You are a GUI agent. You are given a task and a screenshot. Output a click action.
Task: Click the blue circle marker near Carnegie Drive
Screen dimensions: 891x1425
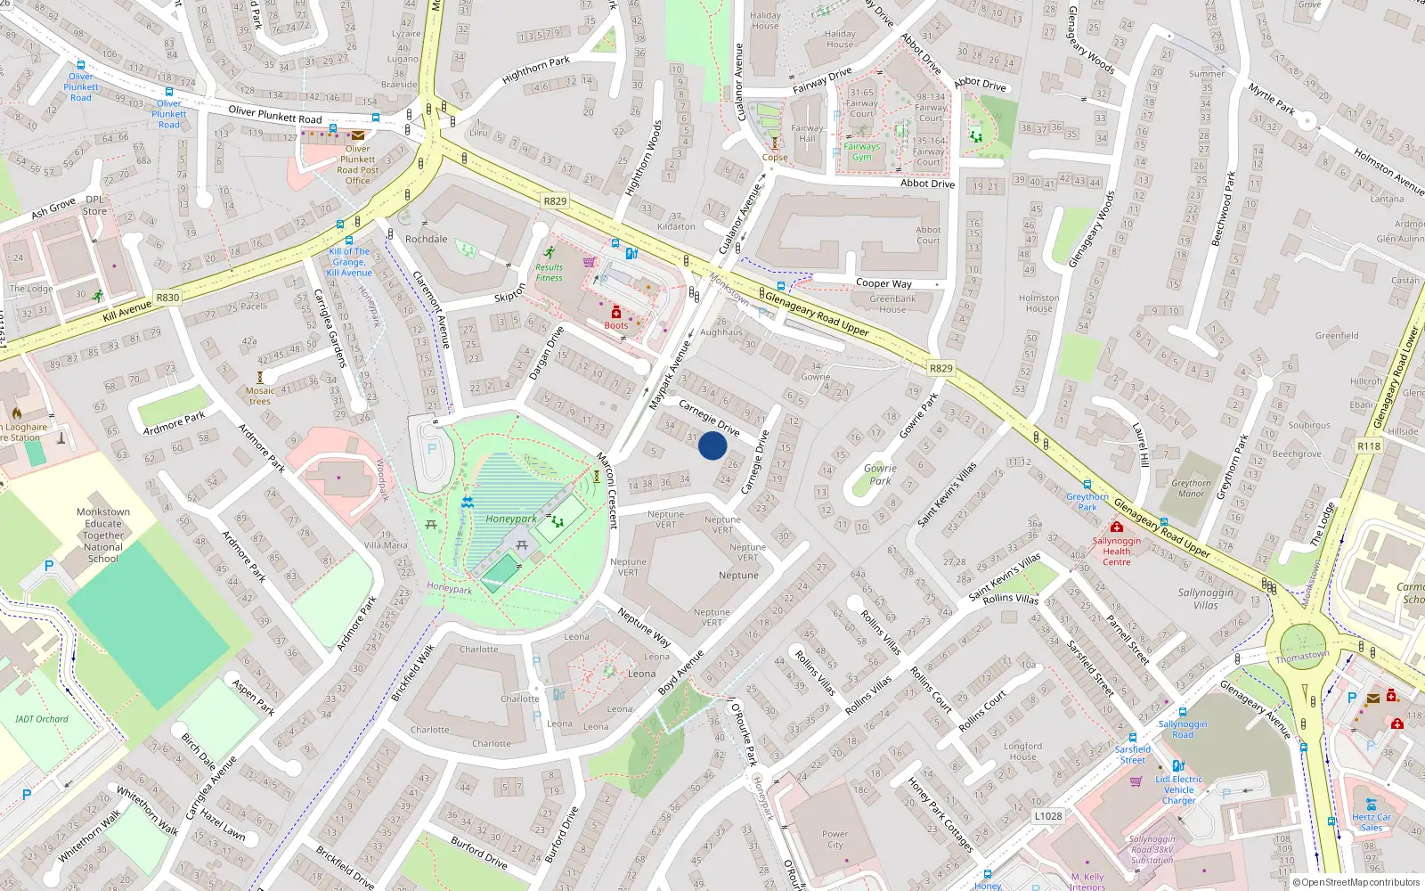pyautogui.click(x=712, y=445)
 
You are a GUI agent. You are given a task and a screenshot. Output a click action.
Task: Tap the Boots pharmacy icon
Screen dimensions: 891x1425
pyautogui.click(x=615, y=313)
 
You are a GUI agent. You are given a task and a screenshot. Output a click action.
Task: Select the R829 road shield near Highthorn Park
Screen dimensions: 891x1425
pyautogui.click(x=555, y=201)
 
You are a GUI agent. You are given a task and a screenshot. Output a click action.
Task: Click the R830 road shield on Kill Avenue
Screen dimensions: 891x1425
pyautogui.click(x=167, y=298)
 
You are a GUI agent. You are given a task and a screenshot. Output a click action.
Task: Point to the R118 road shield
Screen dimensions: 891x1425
pyautogui.click(x=1369, y=445)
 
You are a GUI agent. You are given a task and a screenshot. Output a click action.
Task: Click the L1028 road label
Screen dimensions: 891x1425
pyautogui.click(x=1048, y=815)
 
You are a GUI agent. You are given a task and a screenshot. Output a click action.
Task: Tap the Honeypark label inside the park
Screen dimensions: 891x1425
pyautogui.click(x=511, y=519)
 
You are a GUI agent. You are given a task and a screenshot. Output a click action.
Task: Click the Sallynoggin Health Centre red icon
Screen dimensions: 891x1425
pyautogui.click(x=1116, y=527)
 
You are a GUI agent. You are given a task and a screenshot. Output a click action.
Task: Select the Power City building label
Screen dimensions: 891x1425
pyautogui.click(x=835, y=839)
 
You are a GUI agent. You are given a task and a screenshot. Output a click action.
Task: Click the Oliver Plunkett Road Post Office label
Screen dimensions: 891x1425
pyautogui.click(x=357, y=165)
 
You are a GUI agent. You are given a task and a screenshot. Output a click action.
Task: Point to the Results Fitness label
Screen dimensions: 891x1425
pyautogui.click(x=549, y=273)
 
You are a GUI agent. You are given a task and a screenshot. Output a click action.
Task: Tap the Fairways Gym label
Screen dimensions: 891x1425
pyautogui.click(x=861, y=151)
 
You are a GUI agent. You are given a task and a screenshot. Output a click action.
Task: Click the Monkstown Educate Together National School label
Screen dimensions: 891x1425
pyautogui.click(x=103, y=535)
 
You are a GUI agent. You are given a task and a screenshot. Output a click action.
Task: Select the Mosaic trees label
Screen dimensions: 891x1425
pyautogui.click(x=260, y=396)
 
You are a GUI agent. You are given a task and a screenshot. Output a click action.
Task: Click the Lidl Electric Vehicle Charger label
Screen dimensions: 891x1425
pyautogui.click(x=1178, y=789)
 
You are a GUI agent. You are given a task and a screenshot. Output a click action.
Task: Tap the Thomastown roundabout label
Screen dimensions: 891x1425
pyautogui.click(x=1302, y=657)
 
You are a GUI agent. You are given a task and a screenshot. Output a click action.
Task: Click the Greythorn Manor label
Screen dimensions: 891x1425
pyautogui.click(x=1191, y=488)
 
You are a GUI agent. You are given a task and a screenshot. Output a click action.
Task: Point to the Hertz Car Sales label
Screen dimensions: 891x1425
pyautogui.click(x=1371, y=822)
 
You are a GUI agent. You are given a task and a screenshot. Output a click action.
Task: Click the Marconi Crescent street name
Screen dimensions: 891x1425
pyautogui.click(x=607, y=491)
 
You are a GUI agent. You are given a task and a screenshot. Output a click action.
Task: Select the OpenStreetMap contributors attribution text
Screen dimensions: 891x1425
pyautogui.click(x=1356, y=882)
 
